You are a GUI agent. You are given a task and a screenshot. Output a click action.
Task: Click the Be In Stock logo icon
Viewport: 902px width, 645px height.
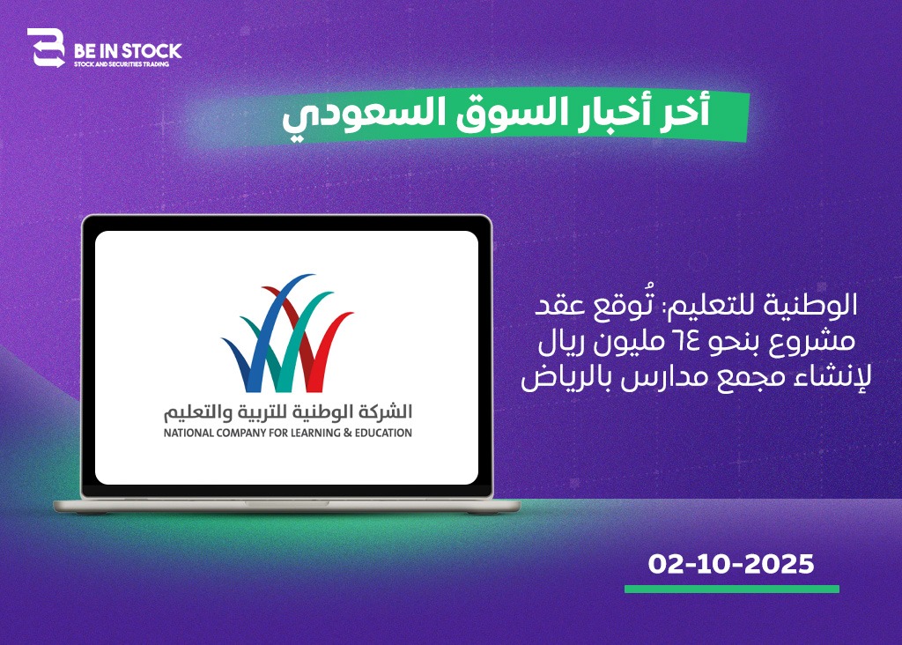46,48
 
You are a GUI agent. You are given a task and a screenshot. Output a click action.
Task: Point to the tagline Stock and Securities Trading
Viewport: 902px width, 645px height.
122,64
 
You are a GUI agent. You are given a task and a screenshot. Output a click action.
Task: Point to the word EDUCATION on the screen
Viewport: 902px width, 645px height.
383,433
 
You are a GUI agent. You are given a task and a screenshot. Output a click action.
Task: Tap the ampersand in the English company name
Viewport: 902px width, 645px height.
347,433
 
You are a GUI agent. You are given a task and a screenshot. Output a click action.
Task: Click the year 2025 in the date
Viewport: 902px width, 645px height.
780,564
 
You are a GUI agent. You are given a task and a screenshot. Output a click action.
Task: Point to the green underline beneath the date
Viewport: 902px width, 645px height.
732,589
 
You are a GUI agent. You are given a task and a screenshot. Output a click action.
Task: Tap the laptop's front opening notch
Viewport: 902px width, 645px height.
286,503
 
